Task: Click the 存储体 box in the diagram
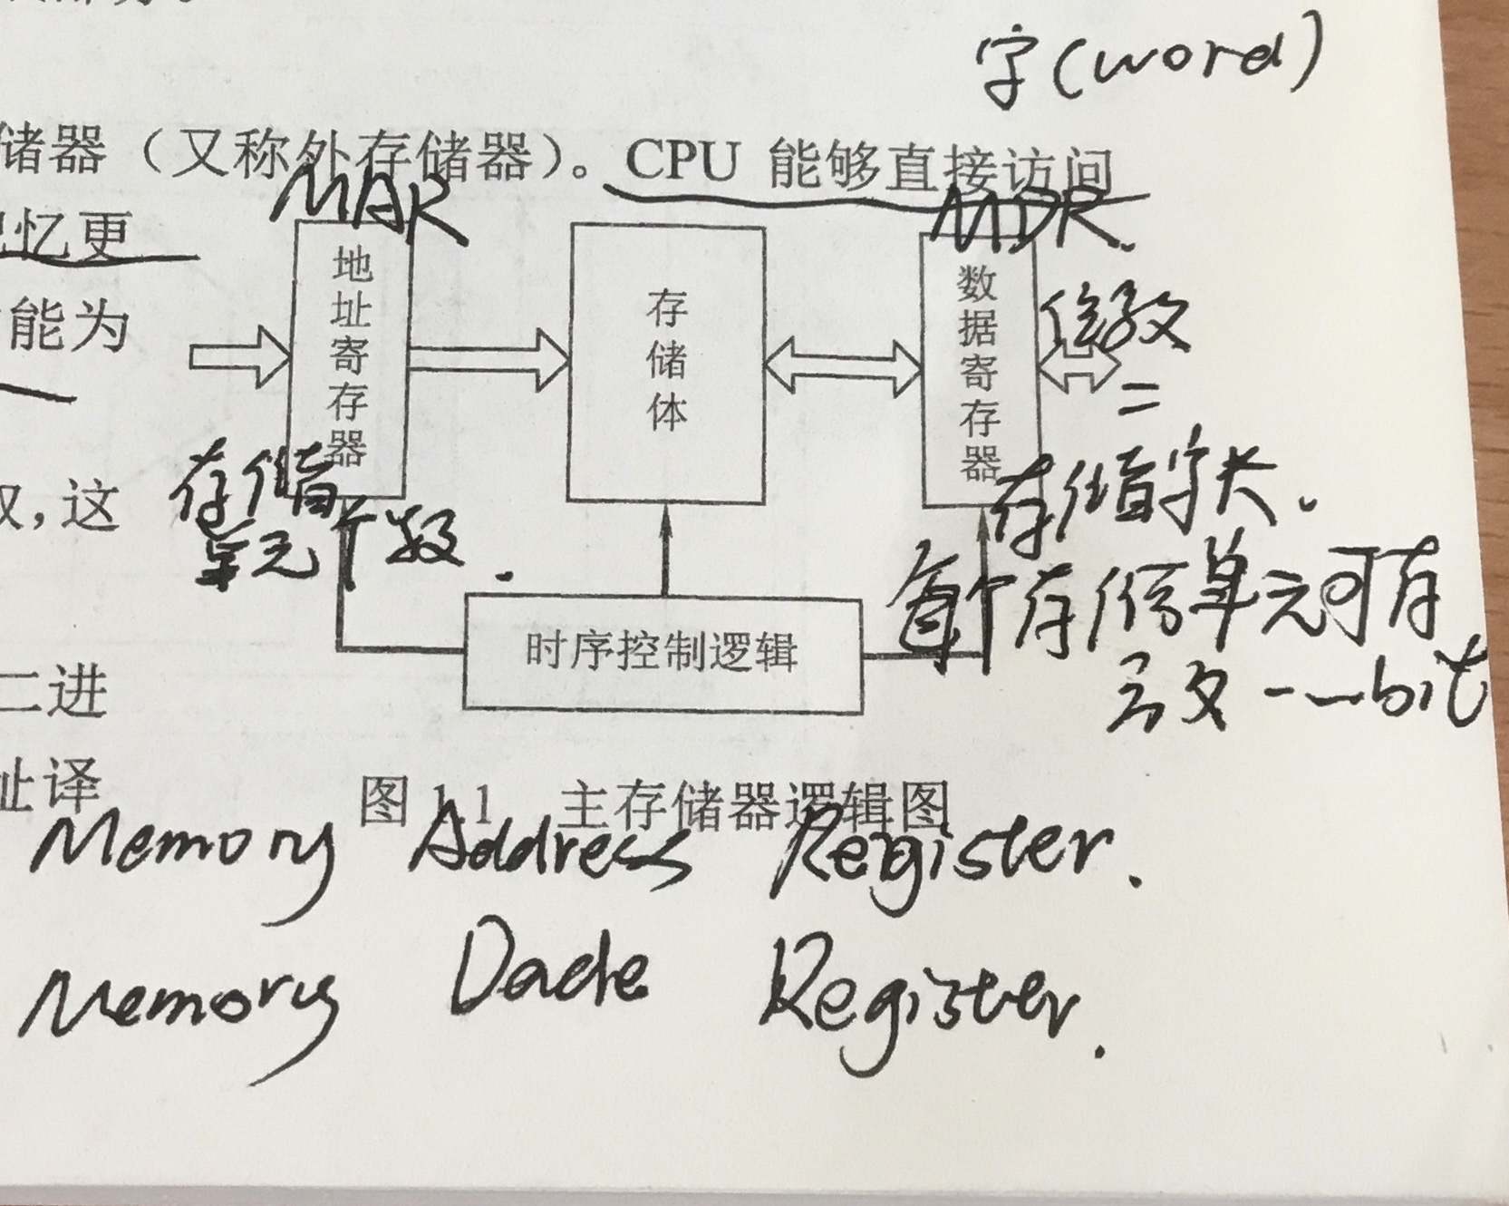tap(666, 363)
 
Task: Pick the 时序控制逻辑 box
tap(662, 653)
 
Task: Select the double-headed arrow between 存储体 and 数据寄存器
tap(843, 367)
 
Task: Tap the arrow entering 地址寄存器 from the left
tap(240, 358)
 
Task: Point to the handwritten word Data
tap(548, 979)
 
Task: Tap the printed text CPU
tap(680, 163)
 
